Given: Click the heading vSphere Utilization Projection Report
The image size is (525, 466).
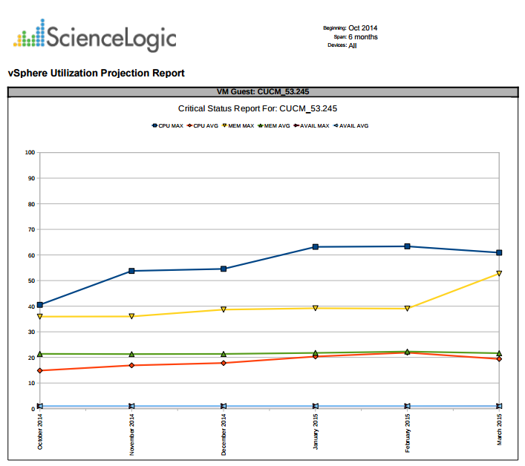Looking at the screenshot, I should click(96, 73).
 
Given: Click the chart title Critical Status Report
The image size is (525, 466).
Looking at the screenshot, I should click(258, 108).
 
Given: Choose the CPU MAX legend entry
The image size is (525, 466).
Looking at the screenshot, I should click(168, 126).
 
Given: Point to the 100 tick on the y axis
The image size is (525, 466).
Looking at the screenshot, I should click(30, 153).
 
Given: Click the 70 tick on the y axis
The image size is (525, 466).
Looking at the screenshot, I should click(31, 229).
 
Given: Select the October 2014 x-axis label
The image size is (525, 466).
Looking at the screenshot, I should click(40, 431).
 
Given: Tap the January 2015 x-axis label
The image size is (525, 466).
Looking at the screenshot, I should click(316, 432).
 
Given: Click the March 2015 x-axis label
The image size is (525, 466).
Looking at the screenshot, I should click(499, 430).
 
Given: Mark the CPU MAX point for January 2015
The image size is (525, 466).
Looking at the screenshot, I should click(316, 246).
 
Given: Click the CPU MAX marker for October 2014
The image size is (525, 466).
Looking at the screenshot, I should click(40, 304).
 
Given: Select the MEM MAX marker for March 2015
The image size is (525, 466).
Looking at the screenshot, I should click(499, 273).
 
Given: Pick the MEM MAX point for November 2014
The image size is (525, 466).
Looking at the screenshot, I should click(131, 316).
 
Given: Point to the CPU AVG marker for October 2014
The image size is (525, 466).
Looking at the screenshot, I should click(40, 370).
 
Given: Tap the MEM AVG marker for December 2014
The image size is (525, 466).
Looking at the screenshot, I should click(224, 354).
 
